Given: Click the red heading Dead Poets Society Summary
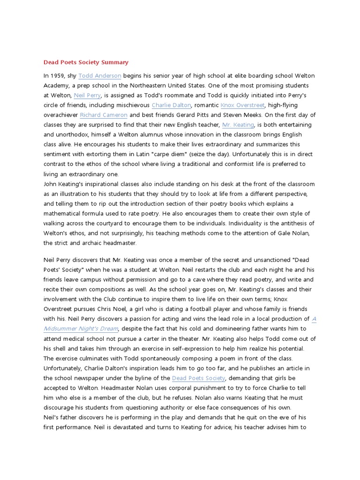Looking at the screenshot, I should [x=86, y=62].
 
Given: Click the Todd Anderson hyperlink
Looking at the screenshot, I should [x=100, y=75].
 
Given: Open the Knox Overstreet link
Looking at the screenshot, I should [x=242, y=105].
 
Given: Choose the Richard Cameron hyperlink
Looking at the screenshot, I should [x=104, y=115].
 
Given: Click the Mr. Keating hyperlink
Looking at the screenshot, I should [x=238, y=125].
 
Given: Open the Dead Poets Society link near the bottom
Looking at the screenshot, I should [x=199, y=378].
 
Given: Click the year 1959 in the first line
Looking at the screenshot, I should [x=59, y=75].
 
